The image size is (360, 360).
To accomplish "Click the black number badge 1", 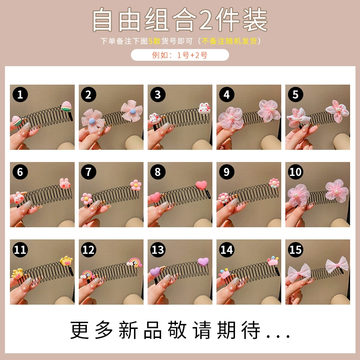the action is [20, 94].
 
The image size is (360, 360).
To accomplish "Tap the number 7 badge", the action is [89, 172].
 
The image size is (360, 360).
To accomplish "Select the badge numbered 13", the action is [158, 250].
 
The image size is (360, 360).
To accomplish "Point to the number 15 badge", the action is [296, 250].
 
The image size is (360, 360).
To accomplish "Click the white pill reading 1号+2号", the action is [180, 55].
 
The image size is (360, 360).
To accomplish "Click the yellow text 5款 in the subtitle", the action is [154, 41].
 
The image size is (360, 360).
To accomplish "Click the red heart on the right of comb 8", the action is [201, 185].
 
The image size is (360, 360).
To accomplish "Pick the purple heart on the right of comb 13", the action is [203, 261].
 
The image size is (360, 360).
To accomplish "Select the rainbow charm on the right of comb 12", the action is [135, 263].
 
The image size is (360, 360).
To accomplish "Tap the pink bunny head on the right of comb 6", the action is [65, 183].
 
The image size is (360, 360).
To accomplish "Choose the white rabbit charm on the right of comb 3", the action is [204, 108].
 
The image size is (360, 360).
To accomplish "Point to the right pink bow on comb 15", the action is [337, 265].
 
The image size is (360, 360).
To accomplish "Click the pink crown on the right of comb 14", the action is [273, 261].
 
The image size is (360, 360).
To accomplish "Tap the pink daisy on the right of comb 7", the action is [136, 185].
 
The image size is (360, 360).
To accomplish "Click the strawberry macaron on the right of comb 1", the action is [66, 107].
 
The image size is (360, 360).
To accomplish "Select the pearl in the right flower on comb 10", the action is [336, 191].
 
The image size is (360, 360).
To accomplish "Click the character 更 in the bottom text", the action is [80, 330].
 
